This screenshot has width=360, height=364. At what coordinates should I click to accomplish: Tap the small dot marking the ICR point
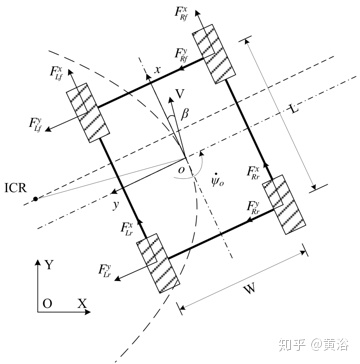click(34, 199)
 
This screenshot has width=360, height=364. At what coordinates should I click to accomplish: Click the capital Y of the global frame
click(49, 265)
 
